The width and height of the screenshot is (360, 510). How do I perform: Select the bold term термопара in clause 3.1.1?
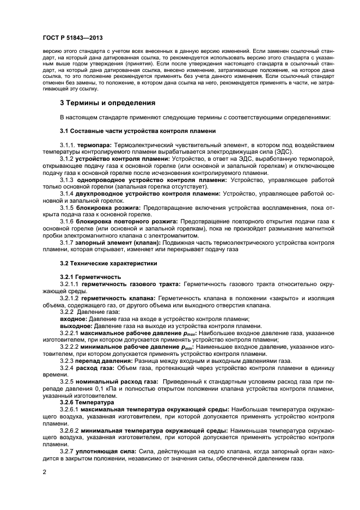pyautogui.click(x=94, y=145)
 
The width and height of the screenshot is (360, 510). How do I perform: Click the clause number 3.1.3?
pyautogui.click(x=67, y=179)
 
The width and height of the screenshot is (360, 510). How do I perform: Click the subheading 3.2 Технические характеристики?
pyautogui.click(x=108, y=263)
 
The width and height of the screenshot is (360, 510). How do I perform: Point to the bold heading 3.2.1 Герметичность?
pyautogui.click(x=90, y=277)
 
